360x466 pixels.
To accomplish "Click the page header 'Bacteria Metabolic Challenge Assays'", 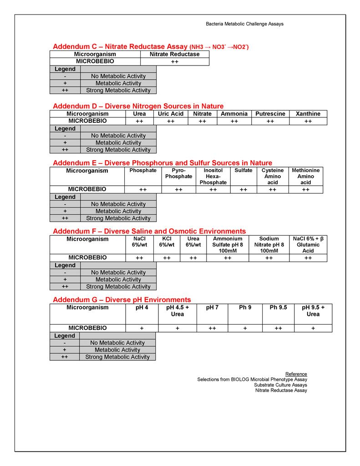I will [x=244, y=24].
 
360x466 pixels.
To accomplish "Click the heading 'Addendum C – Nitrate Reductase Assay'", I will [x=120, y=46].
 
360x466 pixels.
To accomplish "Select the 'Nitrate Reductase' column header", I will [x=175, y=54].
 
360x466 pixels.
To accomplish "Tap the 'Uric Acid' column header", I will [x=171, y=114].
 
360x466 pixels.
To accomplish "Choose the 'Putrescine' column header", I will [x=270, y=114].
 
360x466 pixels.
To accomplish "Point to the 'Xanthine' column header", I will [x=308, y=114].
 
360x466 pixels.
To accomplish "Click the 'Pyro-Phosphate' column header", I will [x=178, y=173].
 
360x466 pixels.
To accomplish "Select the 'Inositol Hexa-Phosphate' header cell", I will [x=213, y=176].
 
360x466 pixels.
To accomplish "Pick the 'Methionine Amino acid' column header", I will [x=306, y=176].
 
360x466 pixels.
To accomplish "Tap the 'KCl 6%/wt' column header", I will [x=167, y=242].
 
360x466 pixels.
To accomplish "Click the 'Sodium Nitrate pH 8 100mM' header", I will [x=269, y=244].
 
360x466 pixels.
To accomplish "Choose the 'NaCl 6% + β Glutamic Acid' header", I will [x=308, y=244].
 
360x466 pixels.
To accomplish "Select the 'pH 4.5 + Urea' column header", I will [x=177, y=311].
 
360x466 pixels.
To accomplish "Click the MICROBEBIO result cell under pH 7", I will [x=212, y=328].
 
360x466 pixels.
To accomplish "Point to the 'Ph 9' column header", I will [x=245, y=308].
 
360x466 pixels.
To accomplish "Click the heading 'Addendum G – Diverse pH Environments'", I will [x=122, y=299].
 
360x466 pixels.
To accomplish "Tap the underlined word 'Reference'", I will [x=296, y=374].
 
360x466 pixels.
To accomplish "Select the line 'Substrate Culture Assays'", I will [x=280, y=385].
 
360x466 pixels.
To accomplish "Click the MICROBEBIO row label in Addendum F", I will [x=87, y=258].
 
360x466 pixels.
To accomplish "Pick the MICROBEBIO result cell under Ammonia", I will [x=234, y=122].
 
